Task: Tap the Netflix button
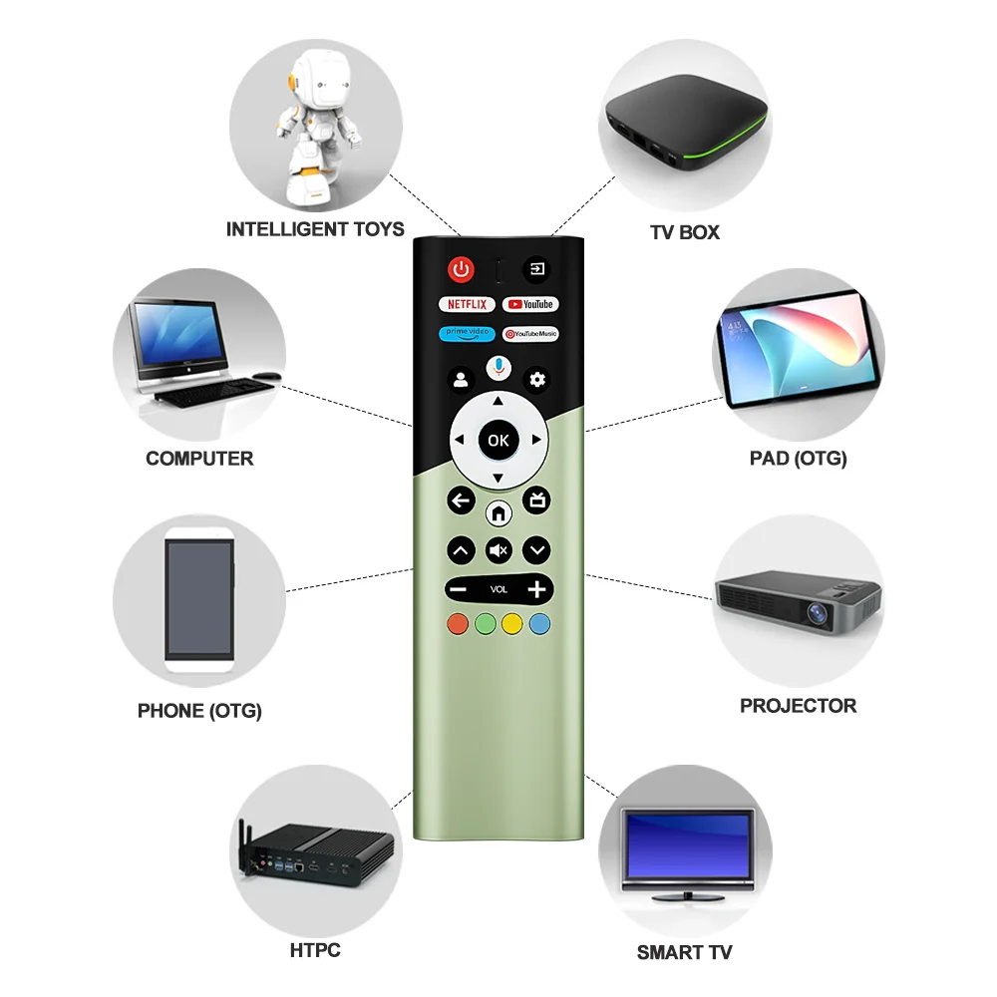[x=467, y=304]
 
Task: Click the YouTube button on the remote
[x=529, y=304]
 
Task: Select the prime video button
[x=467, y=334]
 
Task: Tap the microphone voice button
[x=498, y=367]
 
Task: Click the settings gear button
[x=538, y=379]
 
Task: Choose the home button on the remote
[x=498, y=513]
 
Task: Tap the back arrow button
[x=461, y=500]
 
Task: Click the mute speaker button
[x=498, y=549]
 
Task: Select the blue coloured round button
[x=539, y=624]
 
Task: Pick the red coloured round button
[x=458, y=624]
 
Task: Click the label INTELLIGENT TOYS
[x=315, y=229]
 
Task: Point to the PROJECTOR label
[x=798, y=706]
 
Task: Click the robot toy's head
[x=317, y=75]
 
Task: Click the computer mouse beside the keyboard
[x=265, y=376]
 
